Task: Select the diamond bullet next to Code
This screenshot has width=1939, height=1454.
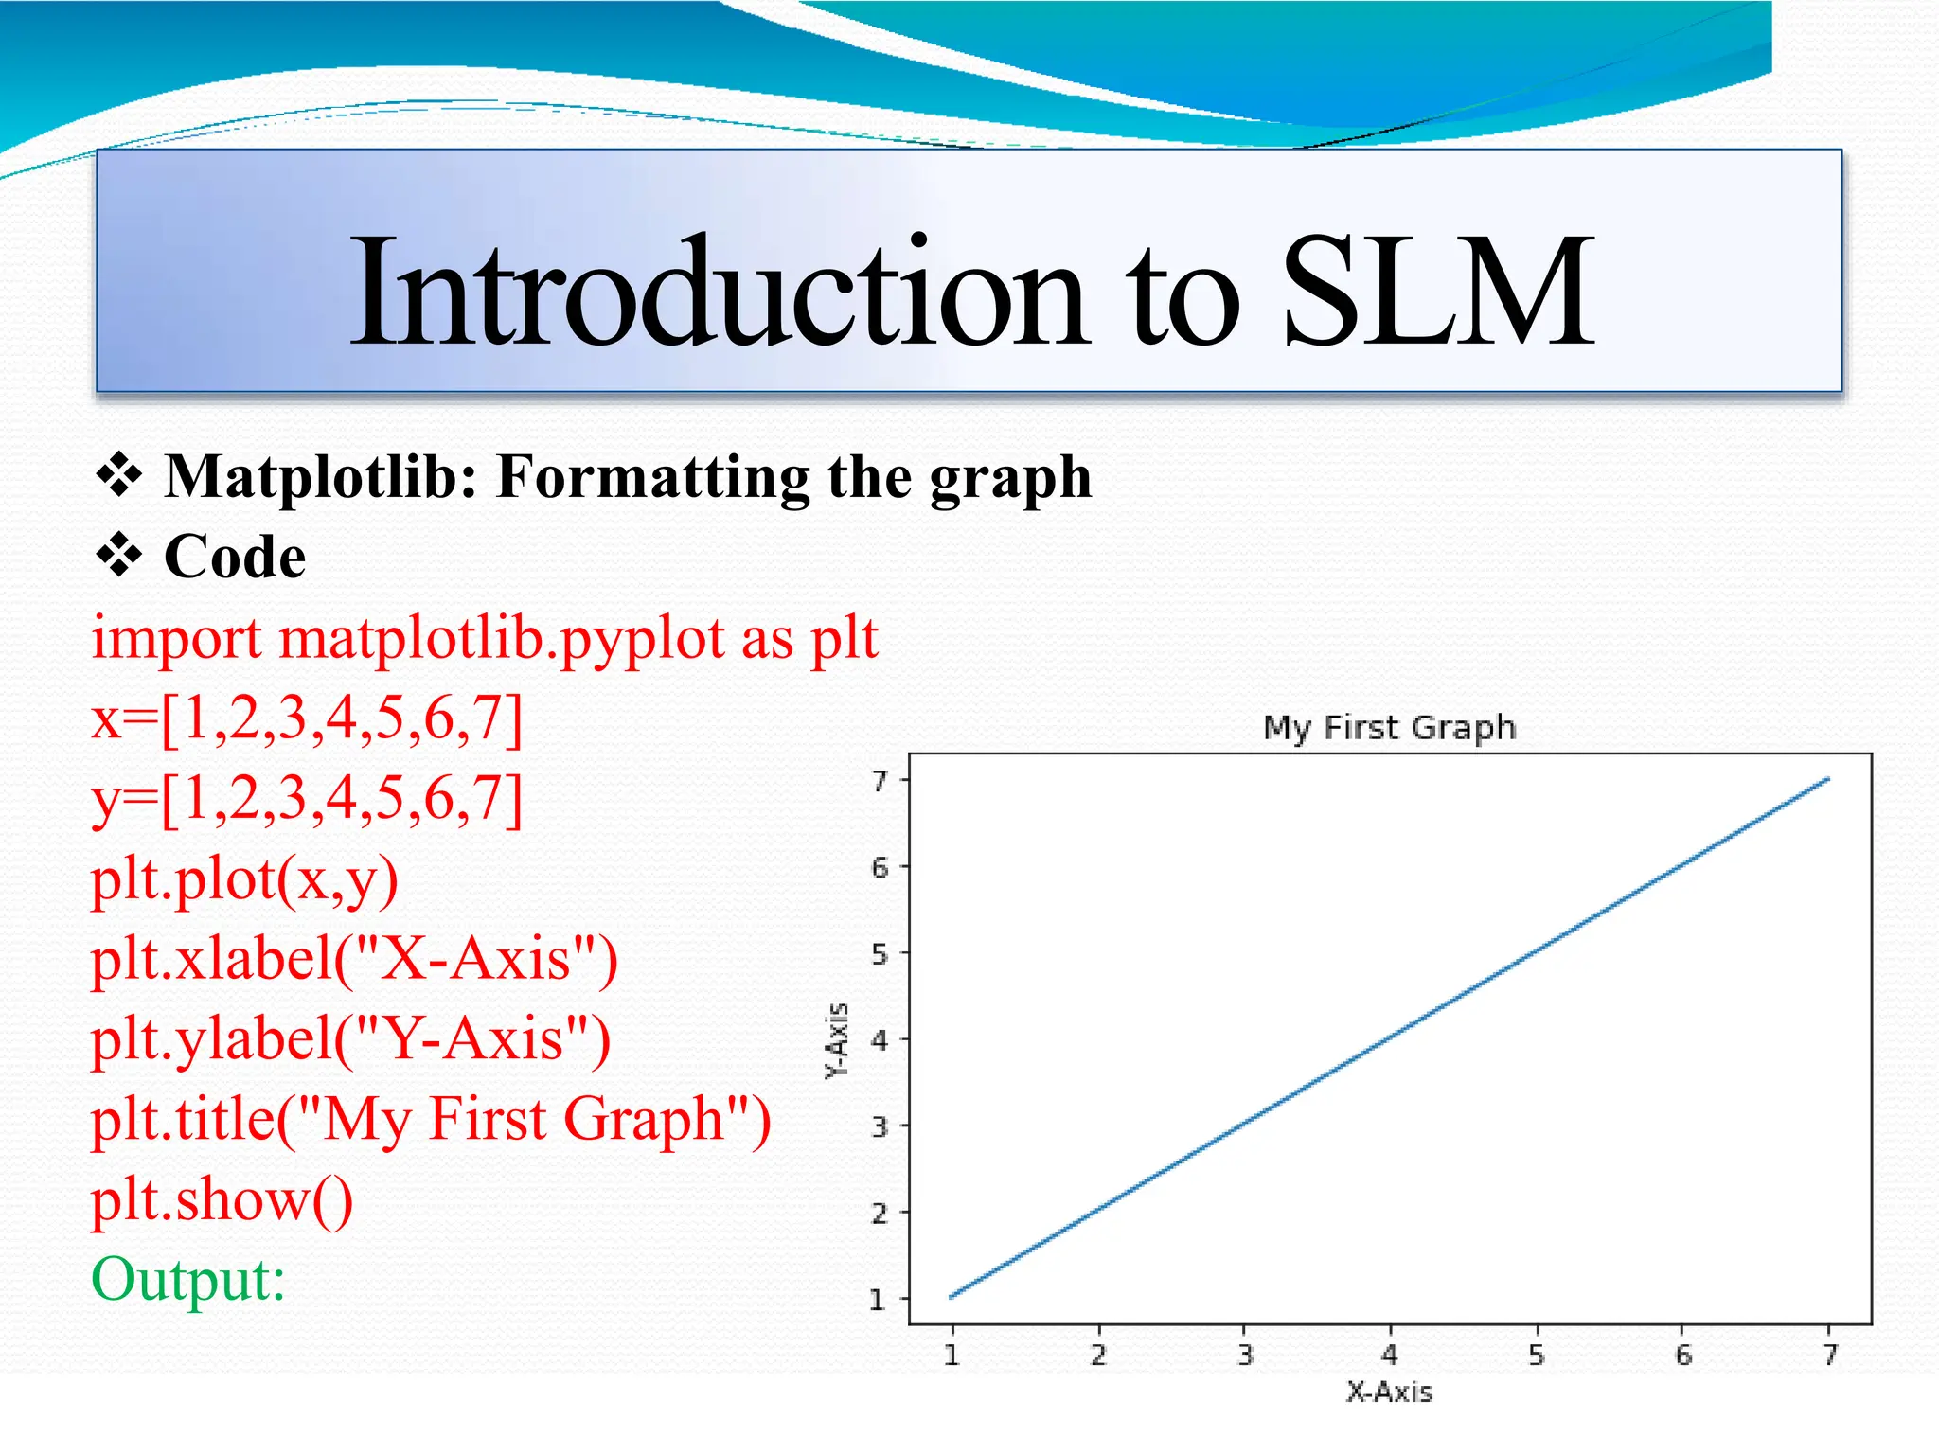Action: click(119, 556)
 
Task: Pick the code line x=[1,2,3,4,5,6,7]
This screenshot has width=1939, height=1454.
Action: click(307, 719)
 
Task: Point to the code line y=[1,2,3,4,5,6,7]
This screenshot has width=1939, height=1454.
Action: click(307, 800)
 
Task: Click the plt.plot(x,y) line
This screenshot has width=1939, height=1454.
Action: click(244, 880)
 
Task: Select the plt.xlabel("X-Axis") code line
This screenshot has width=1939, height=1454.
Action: click(354, 960)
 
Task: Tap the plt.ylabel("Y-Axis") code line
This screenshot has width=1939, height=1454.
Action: click(350, 1039)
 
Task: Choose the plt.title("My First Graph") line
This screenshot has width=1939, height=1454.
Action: click(431, 1120)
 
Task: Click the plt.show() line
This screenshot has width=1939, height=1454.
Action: click(222, 1200)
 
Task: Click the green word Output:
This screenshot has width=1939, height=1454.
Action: click(188, 1280)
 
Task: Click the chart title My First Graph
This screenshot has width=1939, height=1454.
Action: click(1389, 728)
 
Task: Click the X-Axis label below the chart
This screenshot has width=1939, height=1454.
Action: click(1389, 1392)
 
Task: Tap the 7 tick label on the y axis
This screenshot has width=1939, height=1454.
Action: click(880, 781)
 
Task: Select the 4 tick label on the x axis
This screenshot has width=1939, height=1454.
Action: click(1389, 1356)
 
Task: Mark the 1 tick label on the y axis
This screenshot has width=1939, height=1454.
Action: click(878, 1300)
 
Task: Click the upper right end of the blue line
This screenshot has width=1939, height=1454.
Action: click(1826, 780)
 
